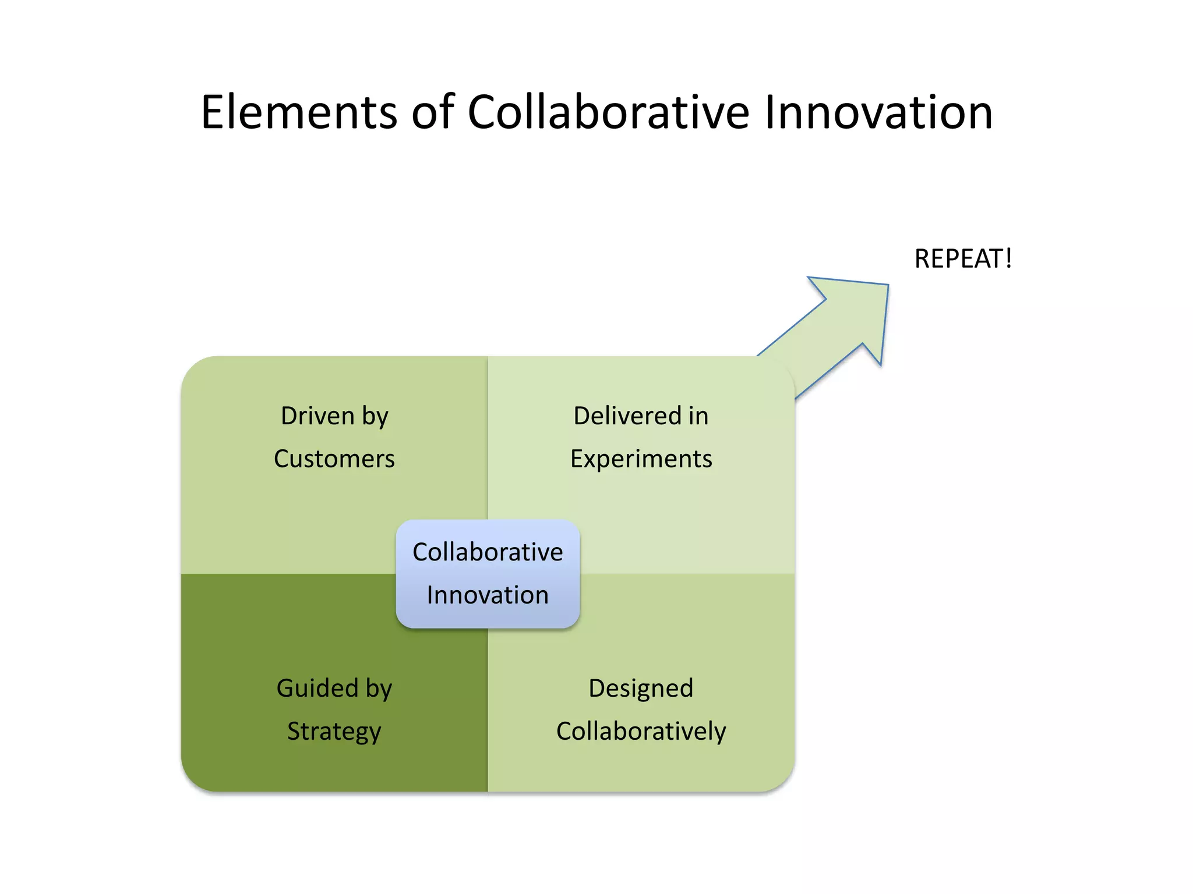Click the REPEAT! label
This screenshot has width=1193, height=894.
(x=963, y=259)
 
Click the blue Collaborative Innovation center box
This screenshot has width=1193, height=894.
(x=488, y=573)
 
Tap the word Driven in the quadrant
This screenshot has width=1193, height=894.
(x=317, y=416)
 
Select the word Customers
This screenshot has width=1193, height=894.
(x=334, y=459)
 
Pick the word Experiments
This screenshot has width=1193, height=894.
(x=641, y=459)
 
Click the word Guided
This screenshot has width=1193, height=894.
(x=317, y=689)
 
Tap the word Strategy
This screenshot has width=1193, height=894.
(x=334, y=732)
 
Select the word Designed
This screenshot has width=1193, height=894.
(x=641, y=689)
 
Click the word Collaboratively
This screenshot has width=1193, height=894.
(x=641, y=732)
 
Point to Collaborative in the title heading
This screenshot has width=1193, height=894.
(x=608, y=112)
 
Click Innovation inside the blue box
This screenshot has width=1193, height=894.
(x=488, y=595)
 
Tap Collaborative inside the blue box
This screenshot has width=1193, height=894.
(x=488, y=552)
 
